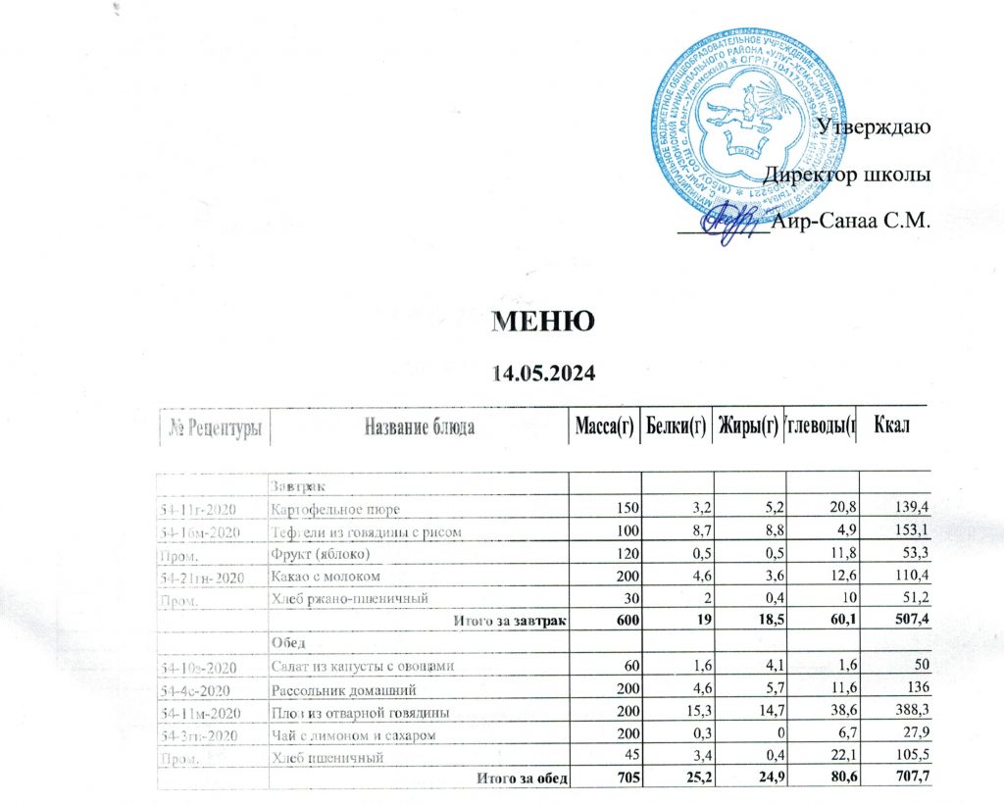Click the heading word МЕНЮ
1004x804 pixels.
542,322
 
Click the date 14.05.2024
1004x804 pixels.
542,374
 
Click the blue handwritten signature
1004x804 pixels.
737,221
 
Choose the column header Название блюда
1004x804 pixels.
420,427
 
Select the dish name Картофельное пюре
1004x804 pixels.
335,510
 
